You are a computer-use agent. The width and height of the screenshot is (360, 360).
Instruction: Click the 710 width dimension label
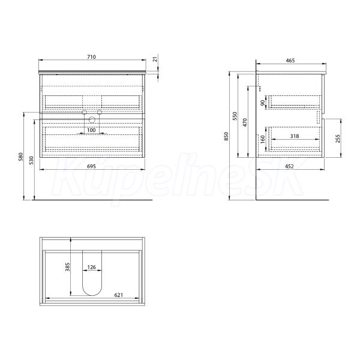[91, 57]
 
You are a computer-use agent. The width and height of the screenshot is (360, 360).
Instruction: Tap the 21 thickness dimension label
[155, 59]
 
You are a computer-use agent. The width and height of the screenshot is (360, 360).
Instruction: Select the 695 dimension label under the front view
[91, 166]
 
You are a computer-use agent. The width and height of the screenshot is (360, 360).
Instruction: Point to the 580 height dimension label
[21, 157]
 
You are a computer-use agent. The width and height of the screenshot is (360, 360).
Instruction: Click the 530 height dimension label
[32, 160]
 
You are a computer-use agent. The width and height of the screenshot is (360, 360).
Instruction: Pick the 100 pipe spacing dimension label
[91, 130]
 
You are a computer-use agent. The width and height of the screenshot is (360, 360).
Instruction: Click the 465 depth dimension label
[290, 61]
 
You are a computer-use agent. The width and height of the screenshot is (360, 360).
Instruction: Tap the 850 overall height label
[226, 136]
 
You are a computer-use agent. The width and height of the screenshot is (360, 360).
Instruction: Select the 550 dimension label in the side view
[235, 116]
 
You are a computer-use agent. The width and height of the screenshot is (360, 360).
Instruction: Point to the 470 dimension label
[245, 122]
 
